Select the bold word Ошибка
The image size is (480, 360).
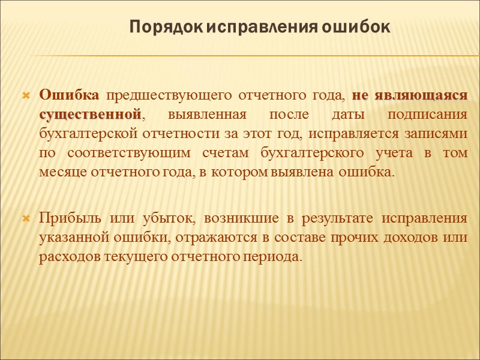(x=69, y=95)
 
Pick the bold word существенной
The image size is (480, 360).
(x=91, y=115)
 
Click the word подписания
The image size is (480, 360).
(x=430, y=115)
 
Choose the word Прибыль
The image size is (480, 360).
(x=65, y=218)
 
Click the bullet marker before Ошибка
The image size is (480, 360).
(x=26, y=96)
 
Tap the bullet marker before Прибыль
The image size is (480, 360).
(x=26, y=218)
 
